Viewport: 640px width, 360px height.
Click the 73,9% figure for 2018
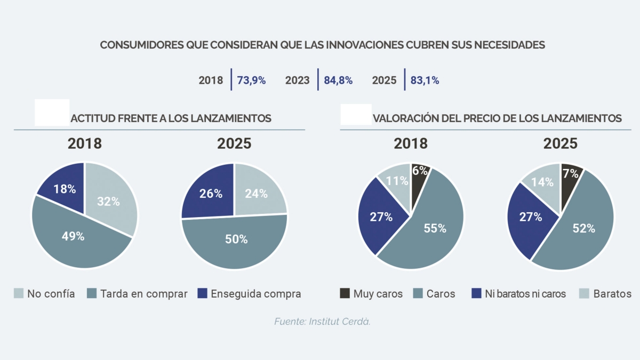pos(251,81)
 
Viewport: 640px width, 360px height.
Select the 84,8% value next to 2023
pos(338,81)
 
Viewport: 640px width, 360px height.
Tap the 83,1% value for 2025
pos(425,81)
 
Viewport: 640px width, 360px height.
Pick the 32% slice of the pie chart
pos(110,200)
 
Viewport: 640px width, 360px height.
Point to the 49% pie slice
pos(77,237)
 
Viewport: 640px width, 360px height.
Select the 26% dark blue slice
pos(210,193)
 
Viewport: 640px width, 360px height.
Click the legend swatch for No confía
pos(19,293)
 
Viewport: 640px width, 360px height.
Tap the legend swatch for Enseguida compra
pos(202,293)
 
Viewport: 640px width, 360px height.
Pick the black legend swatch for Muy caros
pos(345,293)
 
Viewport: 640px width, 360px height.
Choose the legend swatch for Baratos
pos(584,293)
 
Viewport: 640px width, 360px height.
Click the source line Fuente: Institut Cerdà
pos(322,322)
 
